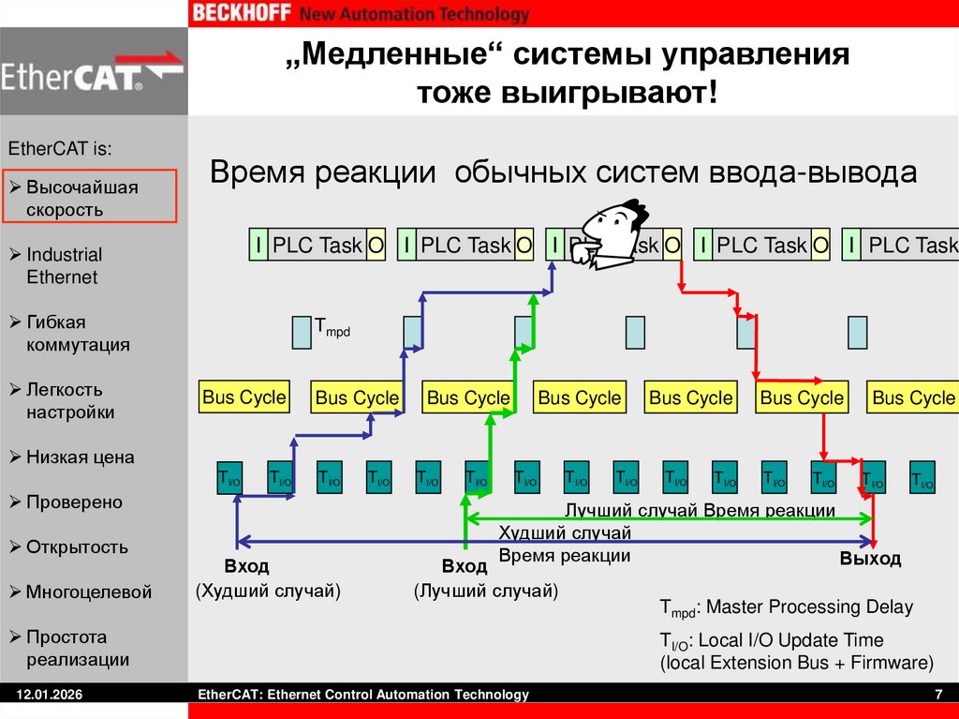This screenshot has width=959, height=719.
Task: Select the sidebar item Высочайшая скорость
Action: point(82,199)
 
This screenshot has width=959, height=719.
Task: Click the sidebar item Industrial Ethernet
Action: point(64,266)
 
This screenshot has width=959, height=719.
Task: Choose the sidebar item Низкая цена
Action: point(80,457)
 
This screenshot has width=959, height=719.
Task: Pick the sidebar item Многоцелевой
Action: point(88,592)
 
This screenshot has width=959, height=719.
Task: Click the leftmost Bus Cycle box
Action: point(243,397)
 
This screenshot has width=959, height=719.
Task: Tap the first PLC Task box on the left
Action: point(317,246)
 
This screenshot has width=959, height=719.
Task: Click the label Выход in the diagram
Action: point(870,560)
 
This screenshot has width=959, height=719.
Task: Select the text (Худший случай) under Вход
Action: point(268,592)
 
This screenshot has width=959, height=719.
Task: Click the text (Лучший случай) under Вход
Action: point(486,592)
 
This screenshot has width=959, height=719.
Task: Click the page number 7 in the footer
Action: point(937,695)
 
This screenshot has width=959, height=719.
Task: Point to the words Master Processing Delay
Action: point(807,607)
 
